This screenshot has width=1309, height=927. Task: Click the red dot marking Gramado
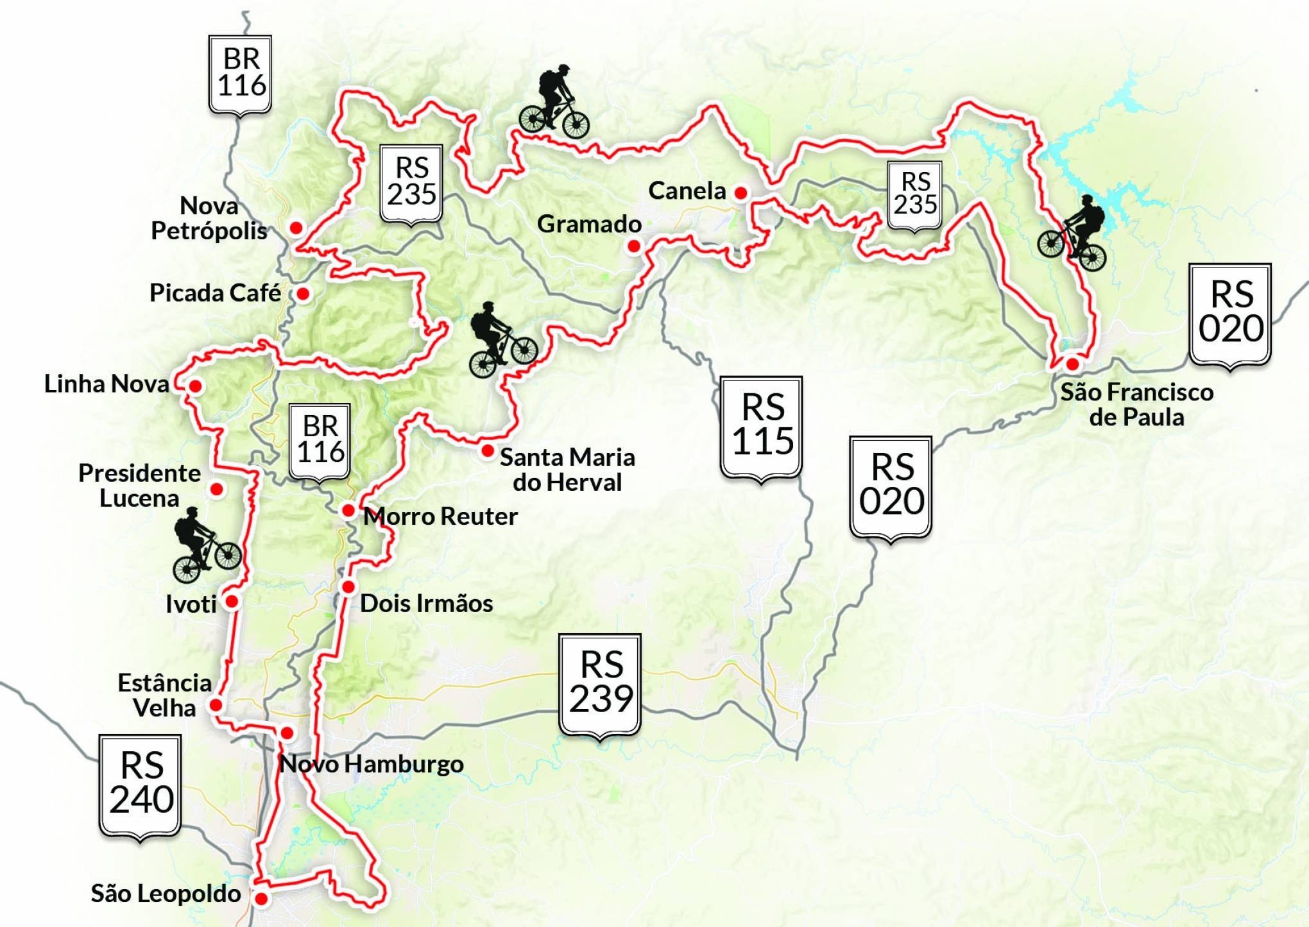(x=634, y=246)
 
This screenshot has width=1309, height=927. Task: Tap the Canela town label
(x=687, y=191)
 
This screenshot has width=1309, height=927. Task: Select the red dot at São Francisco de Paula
(x=1072, y=364)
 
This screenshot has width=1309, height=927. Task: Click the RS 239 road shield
(x=601, y=684)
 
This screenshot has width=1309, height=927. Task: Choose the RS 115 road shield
(x=762, y=426)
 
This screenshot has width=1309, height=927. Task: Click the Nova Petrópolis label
(x=209, y=218)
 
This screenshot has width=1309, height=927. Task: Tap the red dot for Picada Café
(x=303, y=294)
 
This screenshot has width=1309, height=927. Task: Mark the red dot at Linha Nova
(x=195, y=386)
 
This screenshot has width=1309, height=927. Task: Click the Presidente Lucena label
(x=139, y=486)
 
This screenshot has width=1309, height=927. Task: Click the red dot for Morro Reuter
(x=348, y=511)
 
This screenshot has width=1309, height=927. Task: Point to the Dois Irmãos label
(x=426, y=603)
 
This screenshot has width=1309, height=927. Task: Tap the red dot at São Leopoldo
(x=261, y=899)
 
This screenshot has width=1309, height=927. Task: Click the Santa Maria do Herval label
(x=567, y=470)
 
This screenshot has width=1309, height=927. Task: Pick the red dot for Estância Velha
(x=216, y=705)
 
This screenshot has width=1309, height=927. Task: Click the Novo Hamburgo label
(x=372, y=764)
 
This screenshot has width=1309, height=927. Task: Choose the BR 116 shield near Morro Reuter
(x=320, y=441)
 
